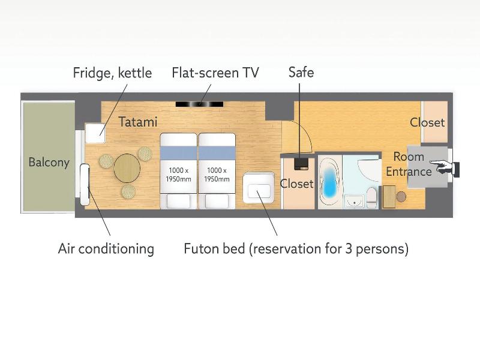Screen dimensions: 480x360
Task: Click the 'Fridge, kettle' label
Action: click(112, 73)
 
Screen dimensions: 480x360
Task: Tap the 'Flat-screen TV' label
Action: click(215, 73)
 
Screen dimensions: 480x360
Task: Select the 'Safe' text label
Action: click(301, 72)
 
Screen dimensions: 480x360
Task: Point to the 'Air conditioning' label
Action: click(106, 248)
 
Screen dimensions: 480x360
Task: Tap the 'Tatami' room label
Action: click(138, 122)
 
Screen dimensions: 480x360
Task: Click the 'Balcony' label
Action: click(49, 162)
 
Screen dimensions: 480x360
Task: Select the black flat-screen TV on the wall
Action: click(199, 104)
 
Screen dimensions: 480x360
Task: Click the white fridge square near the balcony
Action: click(95, 133)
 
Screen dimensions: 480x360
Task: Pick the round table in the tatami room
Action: click(127, 169)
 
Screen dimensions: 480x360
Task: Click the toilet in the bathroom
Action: click(372, 197)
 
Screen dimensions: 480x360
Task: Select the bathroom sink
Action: click(355, 202)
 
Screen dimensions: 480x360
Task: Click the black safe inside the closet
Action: click(302, 163)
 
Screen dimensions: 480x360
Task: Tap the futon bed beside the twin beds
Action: click(259, 188)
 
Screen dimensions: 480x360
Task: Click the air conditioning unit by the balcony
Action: click(85, 185)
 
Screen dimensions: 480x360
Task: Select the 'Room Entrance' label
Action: click(409, 164)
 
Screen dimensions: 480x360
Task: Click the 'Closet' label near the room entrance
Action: click(427, 122)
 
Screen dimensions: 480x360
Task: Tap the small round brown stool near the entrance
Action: click(401, 197)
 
